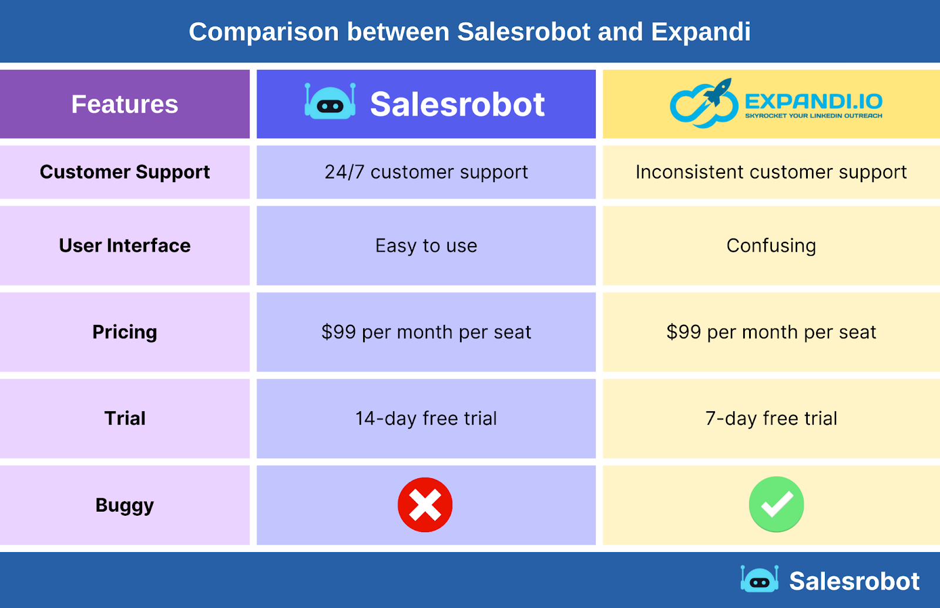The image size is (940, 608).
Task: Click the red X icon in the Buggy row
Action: tap(425, 505)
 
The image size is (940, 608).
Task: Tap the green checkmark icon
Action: tap(776, 504)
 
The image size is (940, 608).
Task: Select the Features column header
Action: tap(125, 105)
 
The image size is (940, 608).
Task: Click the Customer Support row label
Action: tap(125, 172)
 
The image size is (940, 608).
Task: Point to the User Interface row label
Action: tap(125, 246)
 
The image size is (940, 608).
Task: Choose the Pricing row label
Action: tap(125, 332)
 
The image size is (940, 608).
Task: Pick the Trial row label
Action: tap(125, 418)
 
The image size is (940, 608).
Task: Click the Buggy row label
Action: tap(125, 505)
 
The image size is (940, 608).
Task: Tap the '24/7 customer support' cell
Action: tap(426, 172)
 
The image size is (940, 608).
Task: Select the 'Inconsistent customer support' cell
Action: tap(771, 172)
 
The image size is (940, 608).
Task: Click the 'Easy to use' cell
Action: tap(426, 246)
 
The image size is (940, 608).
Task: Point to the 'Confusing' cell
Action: tap(771, 246)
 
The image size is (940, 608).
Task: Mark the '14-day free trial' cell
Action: tap(426, 418)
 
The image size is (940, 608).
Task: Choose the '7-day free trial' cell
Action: tap(771, 418)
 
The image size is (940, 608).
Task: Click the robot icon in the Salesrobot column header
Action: tap(330, 102)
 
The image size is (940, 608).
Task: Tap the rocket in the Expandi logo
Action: tap(718, 92)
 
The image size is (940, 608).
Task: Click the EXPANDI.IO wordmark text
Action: tap(814, 102)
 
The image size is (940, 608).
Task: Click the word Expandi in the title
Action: tap(700, 32)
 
